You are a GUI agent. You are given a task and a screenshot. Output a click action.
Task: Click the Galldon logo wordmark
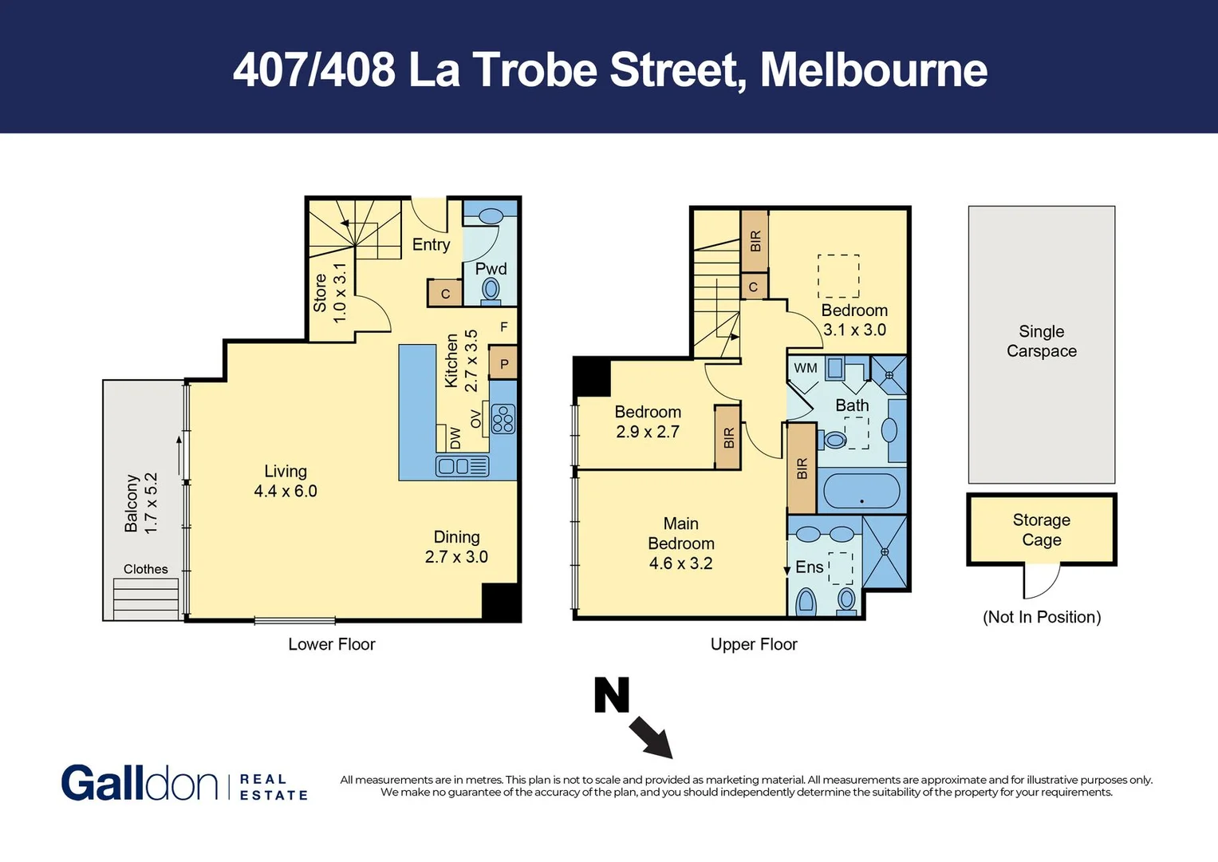coord(140,783)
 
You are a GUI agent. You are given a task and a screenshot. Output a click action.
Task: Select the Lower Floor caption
coord(331,644)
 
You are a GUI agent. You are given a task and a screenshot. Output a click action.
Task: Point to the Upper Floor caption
coord(754,644)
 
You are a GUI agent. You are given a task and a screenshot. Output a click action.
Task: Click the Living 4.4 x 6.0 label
coord(285,481)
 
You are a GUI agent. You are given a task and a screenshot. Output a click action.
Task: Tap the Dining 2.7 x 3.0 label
coord(456,547)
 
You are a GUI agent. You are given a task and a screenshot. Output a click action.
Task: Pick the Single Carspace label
coord(1041,341)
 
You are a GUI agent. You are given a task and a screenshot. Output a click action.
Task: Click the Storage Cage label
coord(1041,529)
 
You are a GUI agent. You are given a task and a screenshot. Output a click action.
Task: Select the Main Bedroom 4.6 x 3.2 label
coord(680,544)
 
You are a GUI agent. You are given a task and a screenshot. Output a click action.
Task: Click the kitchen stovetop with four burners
coord(503,418)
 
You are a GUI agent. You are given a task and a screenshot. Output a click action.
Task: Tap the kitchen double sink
coord(462,466)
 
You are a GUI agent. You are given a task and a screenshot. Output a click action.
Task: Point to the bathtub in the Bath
coord(861,491)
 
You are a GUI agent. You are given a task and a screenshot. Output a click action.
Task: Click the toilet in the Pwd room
coord(491,291)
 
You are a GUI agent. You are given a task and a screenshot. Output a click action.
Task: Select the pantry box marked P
coord(503,364)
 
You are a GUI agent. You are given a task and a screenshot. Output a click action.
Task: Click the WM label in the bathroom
coord(805,368)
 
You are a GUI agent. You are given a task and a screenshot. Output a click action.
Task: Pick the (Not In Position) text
coord(1041,617)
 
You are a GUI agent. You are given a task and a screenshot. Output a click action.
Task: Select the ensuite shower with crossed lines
coord(885,552)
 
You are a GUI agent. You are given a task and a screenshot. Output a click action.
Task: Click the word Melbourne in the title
coord(873,69)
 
